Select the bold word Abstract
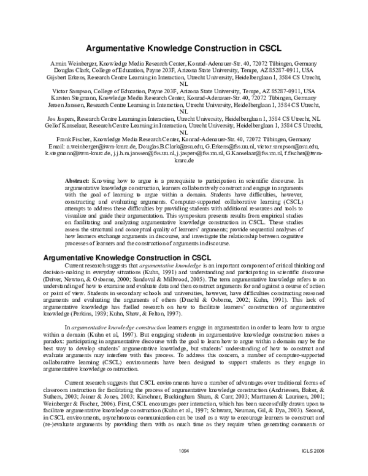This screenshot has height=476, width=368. point(77,182)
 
